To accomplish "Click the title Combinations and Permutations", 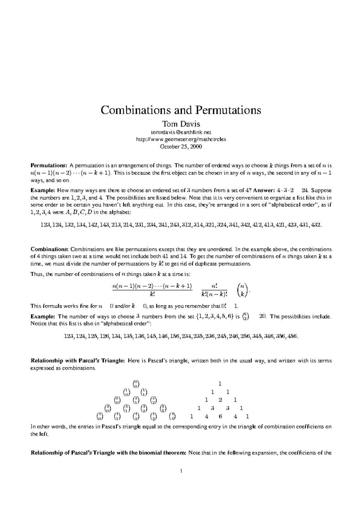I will [x=181, y=110].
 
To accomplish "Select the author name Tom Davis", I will [x=181, y=124].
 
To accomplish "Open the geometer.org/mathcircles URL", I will [x=181, y=139].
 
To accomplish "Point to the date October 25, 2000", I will [x=181, y=147].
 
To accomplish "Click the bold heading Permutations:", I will [x=49, y=165].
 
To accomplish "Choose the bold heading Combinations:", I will [x=50, y=249].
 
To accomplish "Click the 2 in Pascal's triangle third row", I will [x=220, y=400].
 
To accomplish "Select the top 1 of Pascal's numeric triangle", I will [x=220, y=383].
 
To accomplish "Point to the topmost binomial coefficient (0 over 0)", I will [x=136, y=383].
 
